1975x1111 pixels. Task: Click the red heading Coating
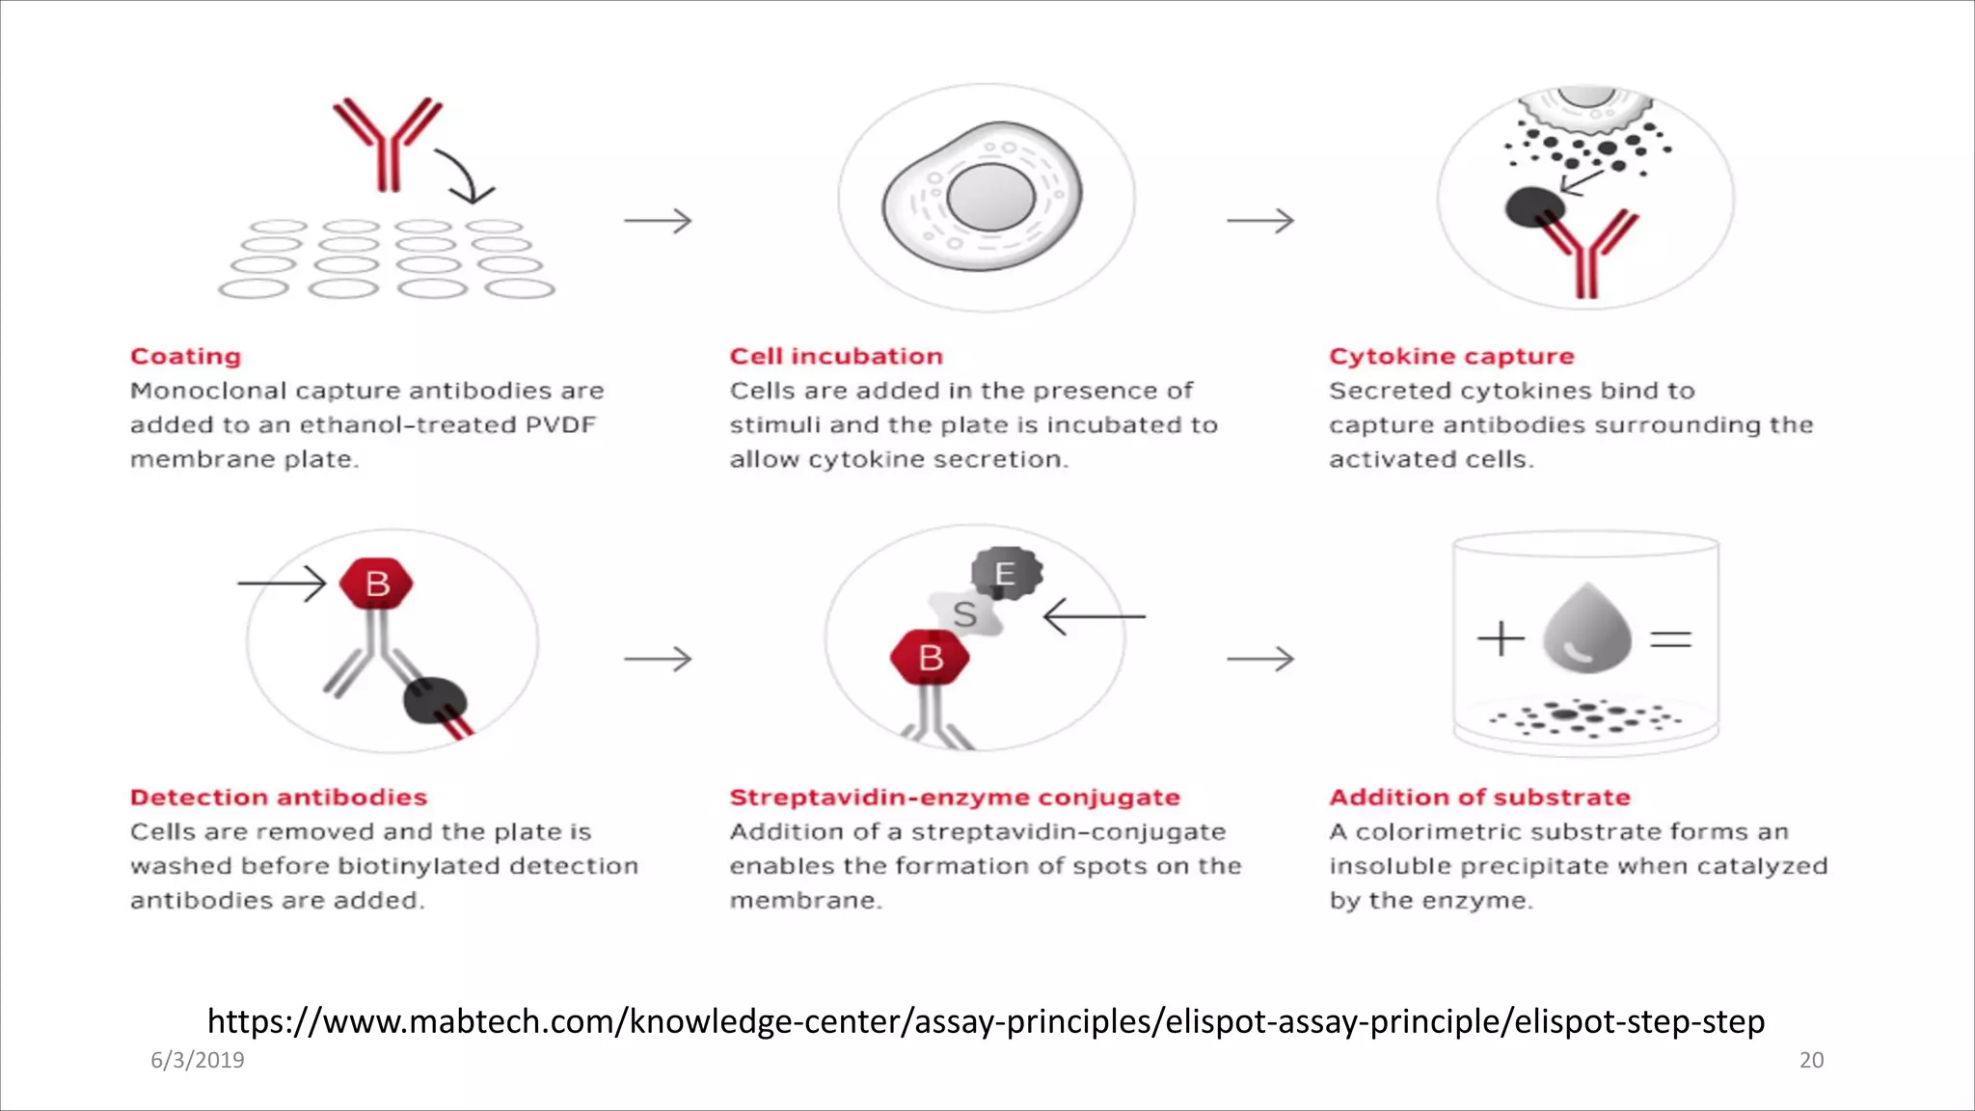point(185,357)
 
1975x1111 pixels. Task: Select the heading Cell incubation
point(835,357)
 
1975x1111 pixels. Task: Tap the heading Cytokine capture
point(1450,357)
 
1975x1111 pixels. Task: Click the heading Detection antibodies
point(279,798)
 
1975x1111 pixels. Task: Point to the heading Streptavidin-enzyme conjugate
point(954,798)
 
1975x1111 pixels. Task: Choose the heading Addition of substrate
point(1479,798)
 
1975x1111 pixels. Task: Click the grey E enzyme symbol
point(1006,574)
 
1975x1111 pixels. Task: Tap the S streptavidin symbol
point(965,613)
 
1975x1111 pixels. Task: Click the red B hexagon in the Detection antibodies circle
point(377,583)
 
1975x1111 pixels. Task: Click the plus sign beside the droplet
point(1501,638)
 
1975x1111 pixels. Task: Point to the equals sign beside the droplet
point(1671,638)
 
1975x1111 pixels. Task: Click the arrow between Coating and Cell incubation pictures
point(658,221)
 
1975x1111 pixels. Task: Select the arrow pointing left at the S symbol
point(1094,615)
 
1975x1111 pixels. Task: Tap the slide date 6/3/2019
point(198,1060)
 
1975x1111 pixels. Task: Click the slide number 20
point(1811,1060)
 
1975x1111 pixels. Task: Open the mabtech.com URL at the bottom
point(986,1020)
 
